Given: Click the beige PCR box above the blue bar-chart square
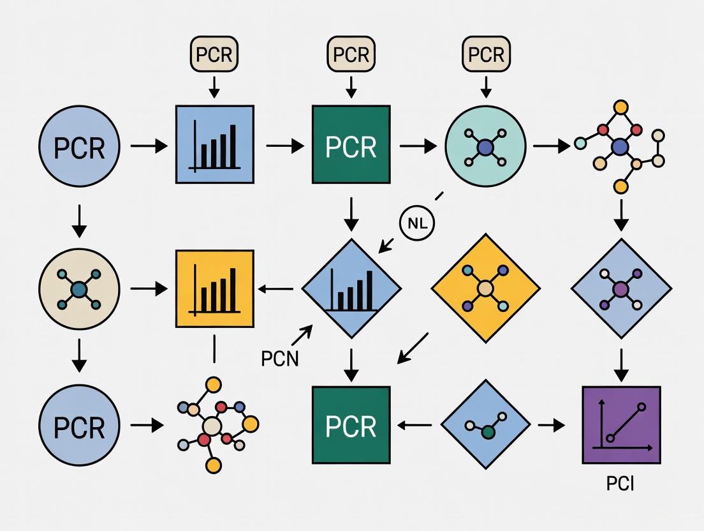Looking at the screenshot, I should click(214, 55).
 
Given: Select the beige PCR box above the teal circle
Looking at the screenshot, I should click(486, 55).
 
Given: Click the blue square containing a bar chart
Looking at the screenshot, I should click(214, 145).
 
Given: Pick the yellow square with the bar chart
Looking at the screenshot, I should click(214, 288).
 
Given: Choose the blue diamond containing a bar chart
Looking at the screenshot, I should click(351, 288).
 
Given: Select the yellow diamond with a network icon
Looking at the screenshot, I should click(486, 288).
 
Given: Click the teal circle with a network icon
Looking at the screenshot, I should click(486, 146).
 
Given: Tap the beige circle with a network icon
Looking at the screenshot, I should click(79, 289).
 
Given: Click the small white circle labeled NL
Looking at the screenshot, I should click(416, 223).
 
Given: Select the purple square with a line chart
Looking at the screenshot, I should click(621, 424).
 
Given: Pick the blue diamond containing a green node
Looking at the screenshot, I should click(486, 424).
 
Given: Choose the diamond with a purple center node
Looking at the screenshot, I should click(621, 288).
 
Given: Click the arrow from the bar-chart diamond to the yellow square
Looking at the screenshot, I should click(276, 289).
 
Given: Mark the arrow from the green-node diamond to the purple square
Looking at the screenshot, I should click(551, 424).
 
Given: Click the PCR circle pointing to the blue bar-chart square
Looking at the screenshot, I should click(79, 146).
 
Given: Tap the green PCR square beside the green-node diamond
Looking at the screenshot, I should click(351, 424).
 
